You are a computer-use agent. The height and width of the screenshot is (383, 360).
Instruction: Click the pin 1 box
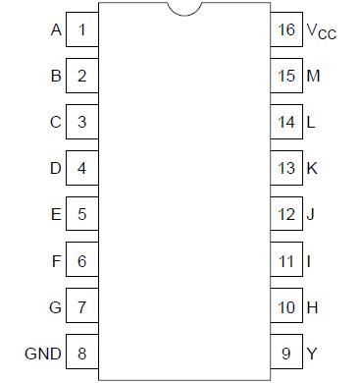coord(81,28)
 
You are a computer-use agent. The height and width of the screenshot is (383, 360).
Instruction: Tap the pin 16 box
coord(285,29)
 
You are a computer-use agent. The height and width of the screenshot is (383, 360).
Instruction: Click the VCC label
coord(320,30)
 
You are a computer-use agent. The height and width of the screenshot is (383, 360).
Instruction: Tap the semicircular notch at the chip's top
coord(183,9)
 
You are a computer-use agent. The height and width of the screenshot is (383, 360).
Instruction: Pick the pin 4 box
coord(81,168)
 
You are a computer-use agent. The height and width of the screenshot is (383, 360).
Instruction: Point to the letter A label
coord(55,28)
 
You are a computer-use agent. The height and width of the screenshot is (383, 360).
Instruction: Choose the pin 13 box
coord(285,168)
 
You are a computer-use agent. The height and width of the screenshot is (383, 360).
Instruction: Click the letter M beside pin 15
coord(313,76)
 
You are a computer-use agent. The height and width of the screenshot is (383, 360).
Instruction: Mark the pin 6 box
coord(81,261)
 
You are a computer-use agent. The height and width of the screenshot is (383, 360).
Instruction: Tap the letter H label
coord(312,307)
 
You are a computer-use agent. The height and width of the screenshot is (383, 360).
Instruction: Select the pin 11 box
coord(285,261)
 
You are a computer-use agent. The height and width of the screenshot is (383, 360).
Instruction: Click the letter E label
coord(55,214)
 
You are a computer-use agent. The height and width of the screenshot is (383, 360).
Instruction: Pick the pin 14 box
coord(285,122)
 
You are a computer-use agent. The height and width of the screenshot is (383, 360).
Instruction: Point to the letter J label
coord(311,214)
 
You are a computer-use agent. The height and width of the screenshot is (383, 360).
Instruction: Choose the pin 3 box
coord(81,122)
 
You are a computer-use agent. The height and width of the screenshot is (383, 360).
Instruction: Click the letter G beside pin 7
coord(55,307)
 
